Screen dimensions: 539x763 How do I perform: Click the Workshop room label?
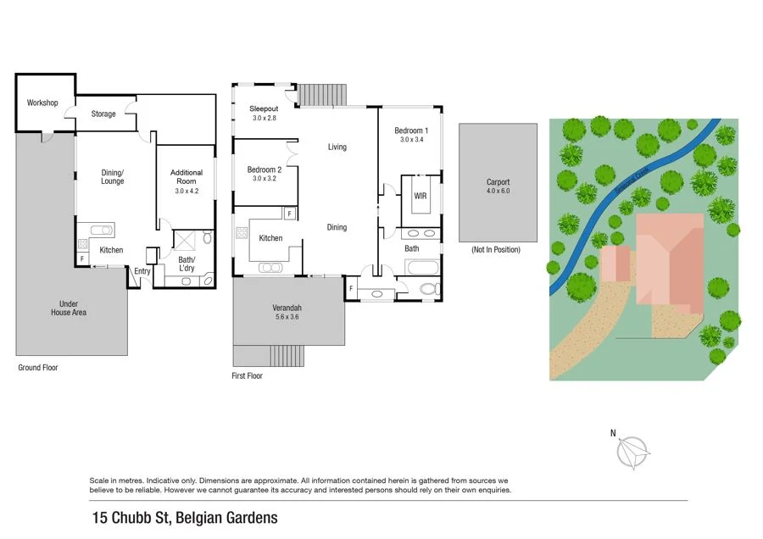point(42,103)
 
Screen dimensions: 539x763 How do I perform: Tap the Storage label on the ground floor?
point(104,114)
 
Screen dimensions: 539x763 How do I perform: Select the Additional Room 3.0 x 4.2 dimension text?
point(186,192)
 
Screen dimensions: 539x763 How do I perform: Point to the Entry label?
point(142,271)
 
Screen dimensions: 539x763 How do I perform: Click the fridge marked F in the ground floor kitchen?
point(82,258)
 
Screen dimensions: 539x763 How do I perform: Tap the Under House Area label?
point(73,308)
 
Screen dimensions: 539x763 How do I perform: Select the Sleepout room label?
point(264,109)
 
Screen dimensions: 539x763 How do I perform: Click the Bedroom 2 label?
point(265,169)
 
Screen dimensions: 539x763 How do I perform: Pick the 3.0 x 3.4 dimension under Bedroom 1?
point(411,139)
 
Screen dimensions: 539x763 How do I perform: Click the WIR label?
point(420,196)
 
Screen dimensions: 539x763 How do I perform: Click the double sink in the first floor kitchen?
point(272,268)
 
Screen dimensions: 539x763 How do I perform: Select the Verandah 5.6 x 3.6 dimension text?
point(287,317)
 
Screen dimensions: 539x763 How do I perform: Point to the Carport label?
point(498,182)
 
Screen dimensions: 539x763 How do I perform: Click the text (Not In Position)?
point(496,249)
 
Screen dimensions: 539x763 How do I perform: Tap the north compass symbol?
point(632,452)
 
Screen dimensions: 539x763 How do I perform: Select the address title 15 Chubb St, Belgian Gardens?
point(185,517)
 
